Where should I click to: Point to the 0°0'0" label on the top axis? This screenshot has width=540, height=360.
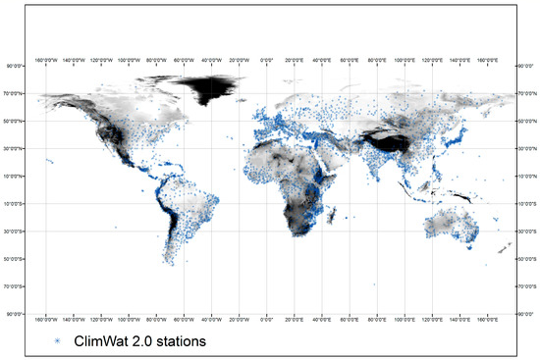point(266,58)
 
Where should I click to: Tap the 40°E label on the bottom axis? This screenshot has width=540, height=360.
point(321,320)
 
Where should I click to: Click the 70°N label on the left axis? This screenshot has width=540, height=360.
point(16,94)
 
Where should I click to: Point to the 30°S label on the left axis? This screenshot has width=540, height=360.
point(16,231)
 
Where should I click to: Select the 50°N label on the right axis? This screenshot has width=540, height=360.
point(526,122)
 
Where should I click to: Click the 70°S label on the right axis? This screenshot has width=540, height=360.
point(526,286)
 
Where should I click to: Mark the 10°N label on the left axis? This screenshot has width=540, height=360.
point(16,177)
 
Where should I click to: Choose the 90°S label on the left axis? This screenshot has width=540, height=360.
point(16,314)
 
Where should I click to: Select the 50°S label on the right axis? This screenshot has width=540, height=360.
point(526,259)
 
